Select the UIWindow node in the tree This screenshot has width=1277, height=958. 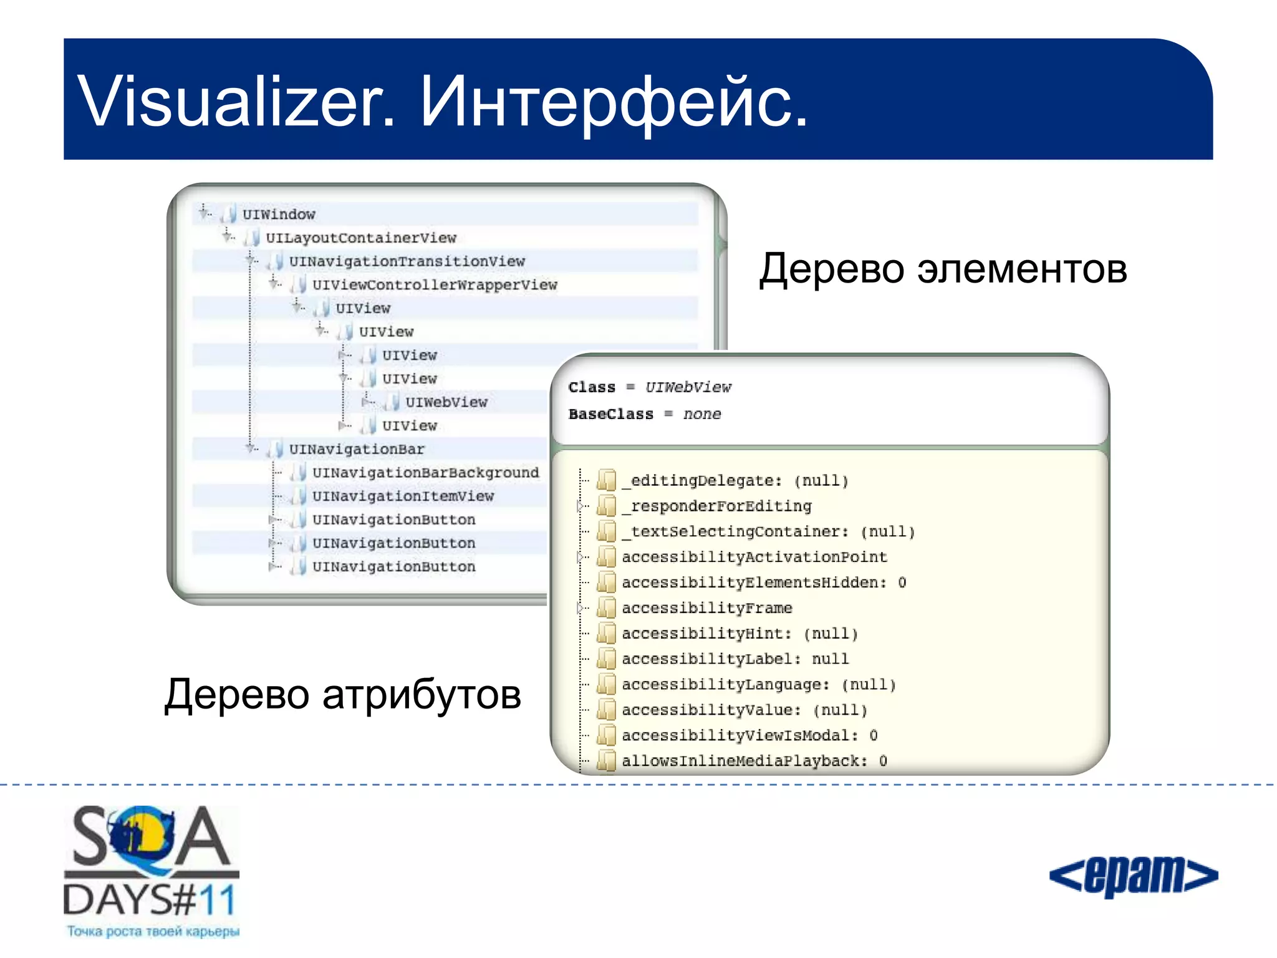(x=278, y=215)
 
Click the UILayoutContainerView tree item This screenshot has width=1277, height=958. (x=361, y=238)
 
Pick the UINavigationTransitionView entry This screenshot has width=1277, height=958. (x=407, y=261)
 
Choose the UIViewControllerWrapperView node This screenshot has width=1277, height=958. (x=435, y=285)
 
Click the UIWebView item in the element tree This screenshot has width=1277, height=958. (x=446, y=402)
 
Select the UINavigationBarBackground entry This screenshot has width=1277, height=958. (x=425, y=473)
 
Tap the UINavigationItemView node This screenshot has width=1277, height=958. (x=403, y=496)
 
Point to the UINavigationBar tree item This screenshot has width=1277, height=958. (x=356, y=449)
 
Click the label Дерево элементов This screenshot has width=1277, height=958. (x=943, y=269)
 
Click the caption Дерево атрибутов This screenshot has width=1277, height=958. (x=342, y=695)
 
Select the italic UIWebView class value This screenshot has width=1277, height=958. (x=688, y=387)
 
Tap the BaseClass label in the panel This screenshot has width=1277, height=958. (x=610, y=414)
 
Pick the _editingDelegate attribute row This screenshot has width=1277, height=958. (x=735, y=481)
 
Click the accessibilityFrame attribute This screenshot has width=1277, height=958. (x=706, y=608)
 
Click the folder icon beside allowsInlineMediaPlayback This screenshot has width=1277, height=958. (x=606, y=761)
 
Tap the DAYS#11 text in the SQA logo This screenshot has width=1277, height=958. (x=150, y=900)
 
